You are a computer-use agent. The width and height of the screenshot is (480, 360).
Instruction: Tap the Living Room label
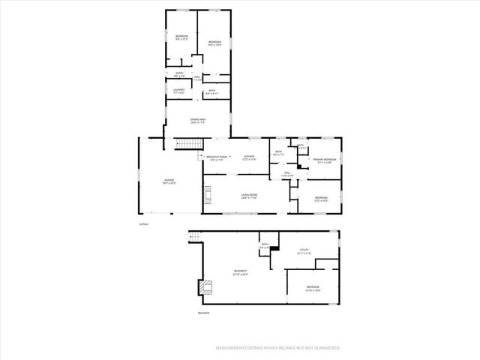pyautogui.click(x=249, y=197)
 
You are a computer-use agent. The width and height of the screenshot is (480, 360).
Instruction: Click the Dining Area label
pyautogui.click(x=198, y=121)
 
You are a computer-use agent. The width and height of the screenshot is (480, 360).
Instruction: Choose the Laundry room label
pyautogui.click(x=178, y=91)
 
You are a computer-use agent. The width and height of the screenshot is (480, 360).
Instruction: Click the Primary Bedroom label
pyautogui.click(x=324, y=160)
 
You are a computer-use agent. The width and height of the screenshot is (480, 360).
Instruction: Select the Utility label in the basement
pyautogui.click(x=304, y=252)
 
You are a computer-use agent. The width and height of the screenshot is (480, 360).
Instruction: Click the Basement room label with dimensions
pyautogui.click(x=240, y=272)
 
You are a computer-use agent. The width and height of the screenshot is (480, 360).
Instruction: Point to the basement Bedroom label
pyautogui.click(x=313, y=288)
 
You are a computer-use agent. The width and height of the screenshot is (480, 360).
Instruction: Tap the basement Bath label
pyautogui.click(x=265, y=245)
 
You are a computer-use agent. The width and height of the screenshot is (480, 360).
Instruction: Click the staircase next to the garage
pyautogui.click(x=184, y=145)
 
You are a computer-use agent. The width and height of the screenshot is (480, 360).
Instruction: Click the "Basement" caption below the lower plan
pyautogui.click(x=203, y=313)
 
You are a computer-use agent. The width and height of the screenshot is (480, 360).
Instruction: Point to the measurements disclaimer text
pyautogui.click(x=277, y=348)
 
